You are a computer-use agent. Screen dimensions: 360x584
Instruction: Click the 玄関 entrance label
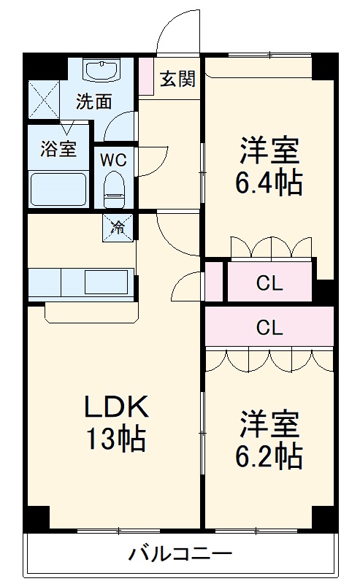coord(177,79)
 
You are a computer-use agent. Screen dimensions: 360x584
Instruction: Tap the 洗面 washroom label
coord(94,101)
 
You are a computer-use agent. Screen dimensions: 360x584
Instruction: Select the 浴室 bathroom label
coord(58,149)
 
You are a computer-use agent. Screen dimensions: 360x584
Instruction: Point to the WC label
coord(113,161)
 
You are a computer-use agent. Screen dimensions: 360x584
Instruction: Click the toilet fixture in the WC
coord(114,189)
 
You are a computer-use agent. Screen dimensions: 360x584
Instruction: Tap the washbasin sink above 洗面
coord(103,71)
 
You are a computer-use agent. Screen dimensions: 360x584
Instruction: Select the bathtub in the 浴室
coord(58,189)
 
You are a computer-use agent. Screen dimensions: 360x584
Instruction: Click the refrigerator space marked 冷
coord(118,227)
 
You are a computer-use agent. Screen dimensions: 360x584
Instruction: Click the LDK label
coord(117,407)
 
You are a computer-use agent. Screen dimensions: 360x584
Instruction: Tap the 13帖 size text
coord(116,439)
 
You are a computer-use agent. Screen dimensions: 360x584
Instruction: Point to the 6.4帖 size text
coord(268,182)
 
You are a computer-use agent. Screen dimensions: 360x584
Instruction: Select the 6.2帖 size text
coord(268,455)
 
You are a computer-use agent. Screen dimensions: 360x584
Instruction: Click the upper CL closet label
coord(269,284)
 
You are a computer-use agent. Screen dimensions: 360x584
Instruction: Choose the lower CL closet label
coord(269,328)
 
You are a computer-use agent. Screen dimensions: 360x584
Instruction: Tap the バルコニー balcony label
coord(180,554)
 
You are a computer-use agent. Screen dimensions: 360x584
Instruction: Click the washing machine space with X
coord(44,99)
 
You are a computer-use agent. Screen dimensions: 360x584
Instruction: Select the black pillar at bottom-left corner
coord(37,517)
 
